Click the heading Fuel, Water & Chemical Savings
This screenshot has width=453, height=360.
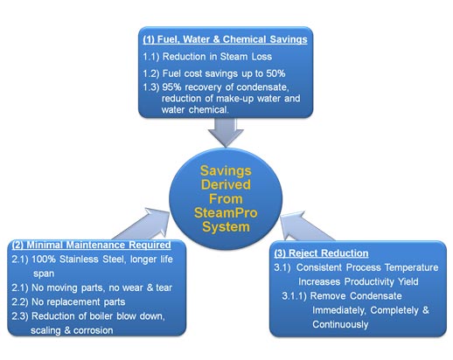pos(225,39)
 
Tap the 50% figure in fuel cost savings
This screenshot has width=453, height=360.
pos(275,73)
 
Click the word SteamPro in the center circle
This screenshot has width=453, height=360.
pos(226,213)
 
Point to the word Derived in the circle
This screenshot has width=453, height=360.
pos(226,184)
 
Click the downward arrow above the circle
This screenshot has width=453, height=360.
pos(226,133)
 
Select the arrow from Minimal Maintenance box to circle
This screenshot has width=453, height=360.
pos(143,225)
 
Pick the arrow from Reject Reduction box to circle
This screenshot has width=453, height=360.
pos(307,227)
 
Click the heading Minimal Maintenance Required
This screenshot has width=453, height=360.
pos(92,245)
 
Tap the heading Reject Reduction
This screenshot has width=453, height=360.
pos(321,253)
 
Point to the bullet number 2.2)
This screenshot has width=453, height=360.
pos(20,302)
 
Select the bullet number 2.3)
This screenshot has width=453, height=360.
pos(20,316)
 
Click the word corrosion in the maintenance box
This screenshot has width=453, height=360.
pos(93,330)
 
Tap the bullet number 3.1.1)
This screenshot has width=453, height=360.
pos(294,296)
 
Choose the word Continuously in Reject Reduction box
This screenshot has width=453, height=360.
pos(340,324)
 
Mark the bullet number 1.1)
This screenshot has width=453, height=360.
pos(151,57)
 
